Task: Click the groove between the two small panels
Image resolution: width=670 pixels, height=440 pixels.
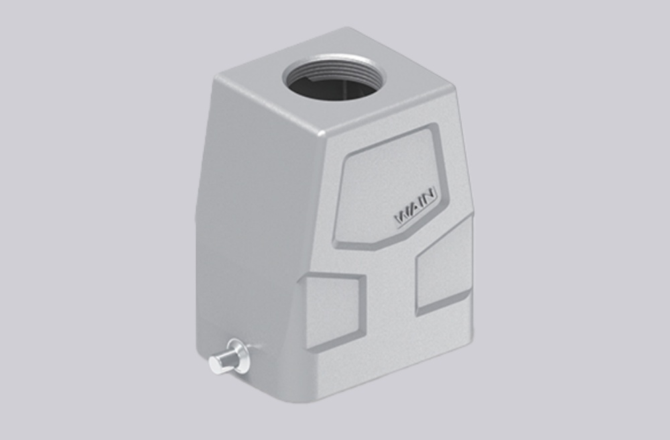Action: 392,295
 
